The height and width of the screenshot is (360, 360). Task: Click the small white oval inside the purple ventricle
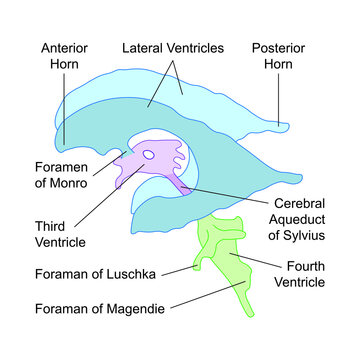(x=150, y=155)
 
